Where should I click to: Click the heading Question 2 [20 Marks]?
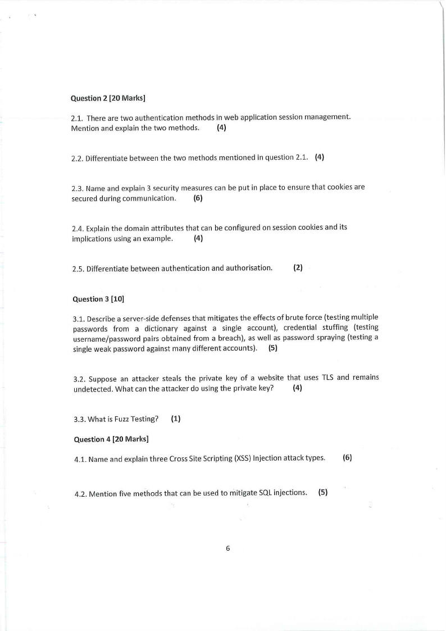click(108, 98)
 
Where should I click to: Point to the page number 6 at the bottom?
click(228, 548)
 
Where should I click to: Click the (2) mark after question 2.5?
click(298, 268)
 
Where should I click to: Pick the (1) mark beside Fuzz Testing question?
click(176, 419)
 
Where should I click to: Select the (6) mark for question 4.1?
click(347, 458)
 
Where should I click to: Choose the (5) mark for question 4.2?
click(323, 493)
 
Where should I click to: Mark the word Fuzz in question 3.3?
click(120, 419)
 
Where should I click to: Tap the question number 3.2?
click(80, 378)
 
